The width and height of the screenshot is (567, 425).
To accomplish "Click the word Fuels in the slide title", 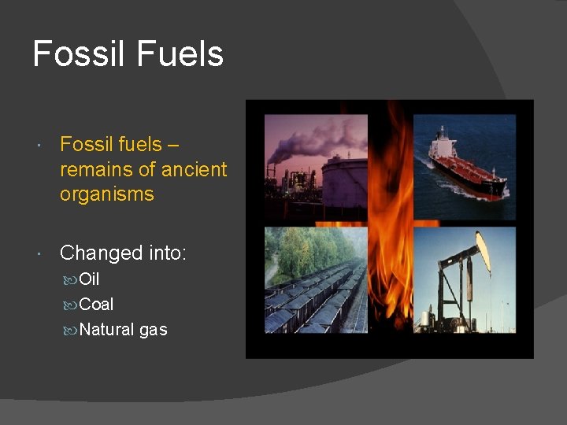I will (x=180, y=54).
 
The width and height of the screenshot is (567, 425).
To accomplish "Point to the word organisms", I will (x=106, y=194).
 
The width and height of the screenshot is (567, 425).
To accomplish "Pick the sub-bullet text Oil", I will (x=89, y=279).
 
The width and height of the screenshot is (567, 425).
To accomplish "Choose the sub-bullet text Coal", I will (x=96, y=305).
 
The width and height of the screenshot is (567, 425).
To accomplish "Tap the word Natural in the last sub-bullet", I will (x=107, y=330).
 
